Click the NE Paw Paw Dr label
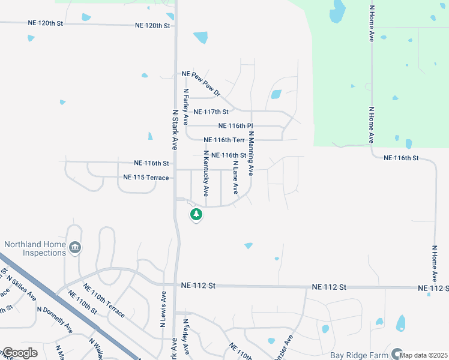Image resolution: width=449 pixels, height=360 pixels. point(201,84)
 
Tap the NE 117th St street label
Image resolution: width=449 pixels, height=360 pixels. point(212,112)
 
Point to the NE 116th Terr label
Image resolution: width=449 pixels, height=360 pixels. point(225,140)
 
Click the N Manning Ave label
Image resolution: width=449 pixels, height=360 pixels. point(251,154)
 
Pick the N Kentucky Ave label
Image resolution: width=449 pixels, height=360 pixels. point(206,173)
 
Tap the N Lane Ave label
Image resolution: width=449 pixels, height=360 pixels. point(236,178)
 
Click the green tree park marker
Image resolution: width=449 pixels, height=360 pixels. point(195,214)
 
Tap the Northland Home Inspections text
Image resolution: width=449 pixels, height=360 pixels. point(35,248)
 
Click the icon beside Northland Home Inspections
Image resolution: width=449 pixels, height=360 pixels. point(76,247)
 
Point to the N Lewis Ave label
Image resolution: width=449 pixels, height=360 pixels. point(163,309)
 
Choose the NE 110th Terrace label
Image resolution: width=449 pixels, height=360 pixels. point(104,301)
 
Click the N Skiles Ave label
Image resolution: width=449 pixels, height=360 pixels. point(22,289)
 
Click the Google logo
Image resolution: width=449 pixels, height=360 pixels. point(20,353)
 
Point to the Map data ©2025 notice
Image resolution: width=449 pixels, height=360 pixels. point(424,355)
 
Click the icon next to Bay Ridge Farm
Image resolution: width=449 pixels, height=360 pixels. point(397,354)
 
